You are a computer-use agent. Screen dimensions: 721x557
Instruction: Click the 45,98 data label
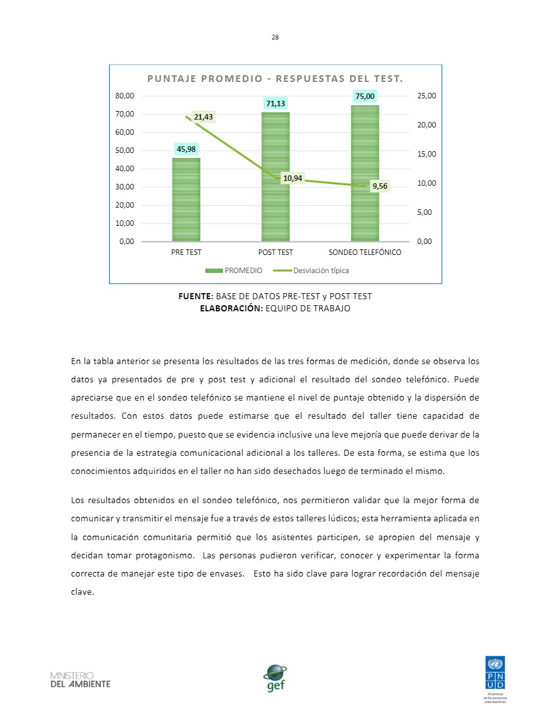point(186,149)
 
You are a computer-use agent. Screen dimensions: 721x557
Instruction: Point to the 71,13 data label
point(275,103)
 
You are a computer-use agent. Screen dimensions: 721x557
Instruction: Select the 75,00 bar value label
point(365,96)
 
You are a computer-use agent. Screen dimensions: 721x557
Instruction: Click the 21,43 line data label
point(203,117)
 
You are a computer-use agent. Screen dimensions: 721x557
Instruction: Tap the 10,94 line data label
point(293,178)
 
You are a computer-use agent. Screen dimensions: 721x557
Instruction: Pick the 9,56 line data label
point(380,186)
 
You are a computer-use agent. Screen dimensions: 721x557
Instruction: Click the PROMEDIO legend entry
point(234,271)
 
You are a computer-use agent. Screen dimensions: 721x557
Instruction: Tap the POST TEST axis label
point(275,252)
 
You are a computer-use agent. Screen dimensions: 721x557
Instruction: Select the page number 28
point(275,37)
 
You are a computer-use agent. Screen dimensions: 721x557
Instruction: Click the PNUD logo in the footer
point(497,674)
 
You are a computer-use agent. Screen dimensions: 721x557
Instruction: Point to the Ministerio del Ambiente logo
point(80,680)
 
